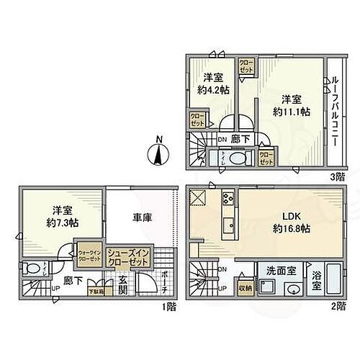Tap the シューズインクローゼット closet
click(128, 257)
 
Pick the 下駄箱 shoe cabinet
click(96, 292)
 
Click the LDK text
click(289, 217)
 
